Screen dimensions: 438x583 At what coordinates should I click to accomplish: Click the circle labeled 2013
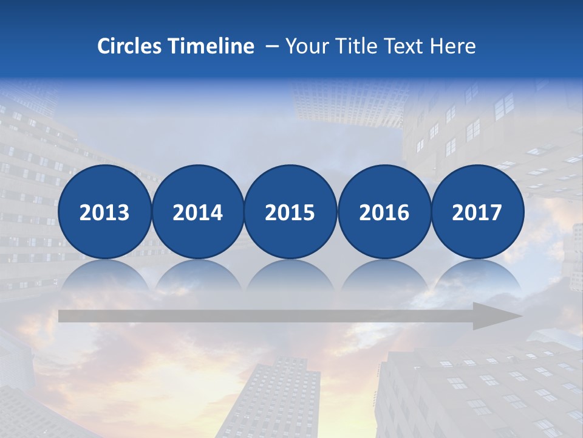(104, 212)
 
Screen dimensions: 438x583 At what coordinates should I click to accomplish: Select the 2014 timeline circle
(197, 212)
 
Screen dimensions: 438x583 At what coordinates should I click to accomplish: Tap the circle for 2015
(290, 212)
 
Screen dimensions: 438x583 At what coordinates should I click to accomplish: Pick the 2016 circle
(384, 212)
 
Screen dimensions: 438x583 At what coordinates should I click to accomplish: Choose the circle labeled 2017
(477, 212)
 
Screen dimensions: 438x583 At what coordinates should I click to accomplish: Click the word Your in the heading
(307, 46)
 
